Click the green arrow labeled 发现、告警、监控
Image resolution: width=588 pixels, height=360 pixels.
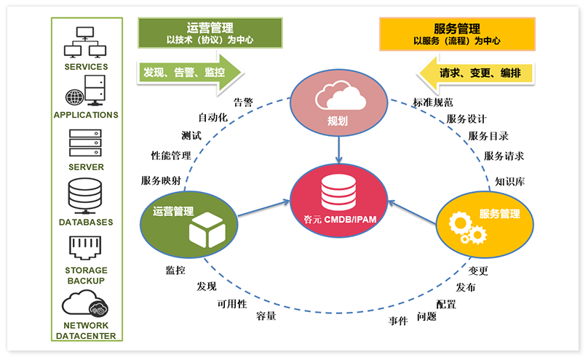point(188,73)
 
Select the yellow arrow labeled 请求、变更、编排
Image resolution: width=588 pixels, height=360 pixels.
point(476,73)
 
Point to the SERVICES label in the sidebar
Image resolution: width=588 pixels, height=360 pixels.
point(86,67)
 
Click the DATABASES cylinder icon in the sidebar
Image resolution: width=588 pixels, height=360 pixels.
point(85,196)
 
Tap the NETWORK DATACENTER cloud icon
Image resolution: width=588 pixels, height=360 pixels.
point(85,302)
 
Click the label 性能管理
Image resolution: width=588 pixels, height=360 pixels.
point(171,156)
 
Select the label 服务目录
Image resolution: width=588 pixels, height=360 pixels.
point(488,136)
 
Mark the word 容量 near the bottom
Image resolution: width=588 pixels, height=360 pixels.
point(266,316)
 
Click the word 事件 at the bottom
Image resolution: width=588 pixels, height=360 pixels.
point(398,321)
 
